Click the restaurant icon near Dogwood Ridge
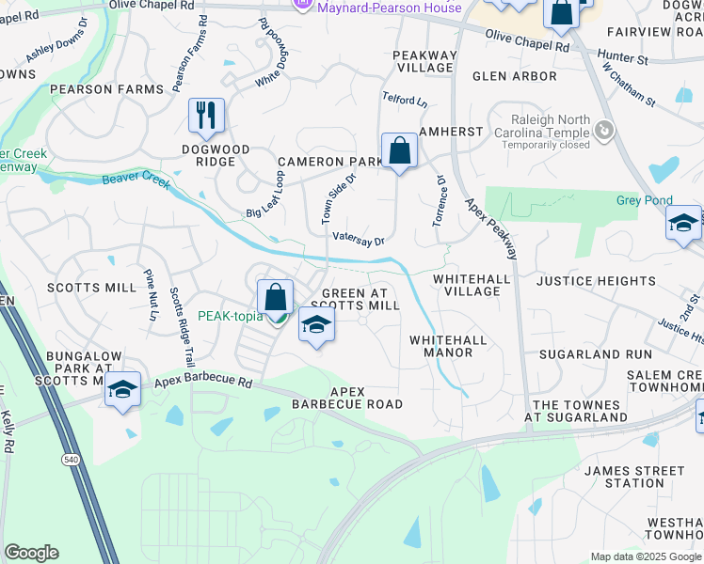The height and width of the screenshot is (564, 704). pyautogui.click(x=206, y=117)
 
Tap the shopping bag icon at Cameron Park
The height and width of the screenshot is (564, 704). pyautogui.click(x=399, y=150)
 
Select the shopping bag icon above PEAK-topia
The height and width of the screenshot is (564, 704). pyautogui.click(x=275, y=297)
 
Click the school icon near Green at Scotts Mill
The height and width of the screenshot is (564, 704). pyautogui.click(x=317, y=325)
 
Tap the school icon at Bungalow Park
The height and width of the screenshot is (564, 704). pyautogui.click(x=122, y=389)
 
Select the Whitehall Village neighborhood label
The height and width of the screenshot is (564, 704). pyautogui.click(x=472, y=285)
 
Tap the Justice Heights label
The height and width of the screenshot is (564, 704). pyautogui.click(x=596, y=281)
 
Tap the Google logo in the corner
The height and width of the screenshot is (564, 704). pyautogui.click(x=31, y=553)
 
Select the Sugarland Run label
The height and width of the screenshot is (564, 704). pyautogui.click(x=595, y=354)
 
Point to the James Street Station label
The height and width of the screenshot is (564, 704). pyautogui.click(x=634, y=477)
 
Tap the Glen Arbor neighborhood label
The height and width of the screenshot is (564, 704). pyautogui.click(x=514, y=76)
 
